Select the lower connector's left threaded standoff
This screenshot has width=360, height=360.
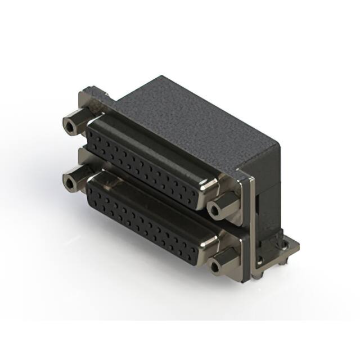pyautogui.click(x=70, y=182)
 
